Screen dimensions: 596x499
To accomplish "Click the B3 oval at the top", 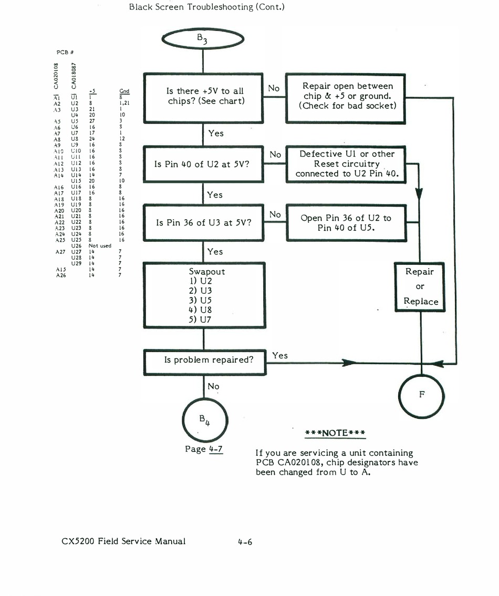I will (x=203, y=39).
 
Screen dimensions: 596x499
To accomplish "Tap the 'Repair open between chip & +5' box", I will (x=347, y=96).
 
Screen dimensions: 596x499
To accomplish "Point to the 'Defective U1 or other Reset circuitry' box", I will (x=347, y=164).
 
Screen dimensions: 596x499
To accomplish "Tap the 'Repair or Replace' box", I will (x=420, y=286).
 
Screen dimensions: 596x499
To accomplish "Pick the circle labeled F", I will (x=421, y=394).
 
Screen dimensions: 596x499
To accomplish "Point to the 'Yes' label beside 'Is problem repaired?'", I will (x=280, y=356).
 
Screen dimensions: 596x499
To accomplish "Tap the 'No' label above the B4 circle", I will (x=213, y=387).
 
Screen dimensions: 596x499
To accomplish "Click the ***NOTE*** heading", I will (x=335, y=433).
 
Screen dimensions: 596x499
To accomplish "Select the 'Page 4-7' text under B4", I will (x=204, y=449).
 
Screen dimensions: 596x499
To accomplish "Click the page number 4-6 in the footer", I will (x=245, y=541).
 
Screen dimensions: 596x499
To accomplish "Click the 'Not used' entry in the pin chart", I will (x=100, y=245).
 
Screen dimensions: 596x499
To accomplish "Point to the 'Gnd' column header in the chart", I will (x=124, y=91).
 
